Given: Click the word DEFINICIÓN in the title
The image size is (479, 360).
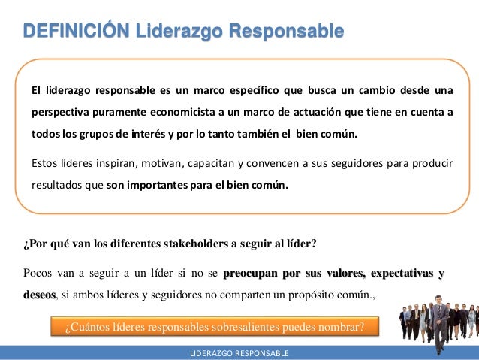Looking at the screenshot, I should pyautogui.click(x=75, y=32).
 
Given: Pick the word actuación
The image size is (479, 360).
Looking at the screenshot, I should pyautogui.click(x=319, y=113).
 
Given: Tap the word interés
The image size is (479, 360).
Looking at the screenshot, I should pyautogui.click(x=149, y=134).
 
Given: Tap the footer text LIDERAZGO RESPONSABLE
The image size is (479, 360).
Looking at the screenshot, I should pyautogui.click(x=239, y=352).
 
